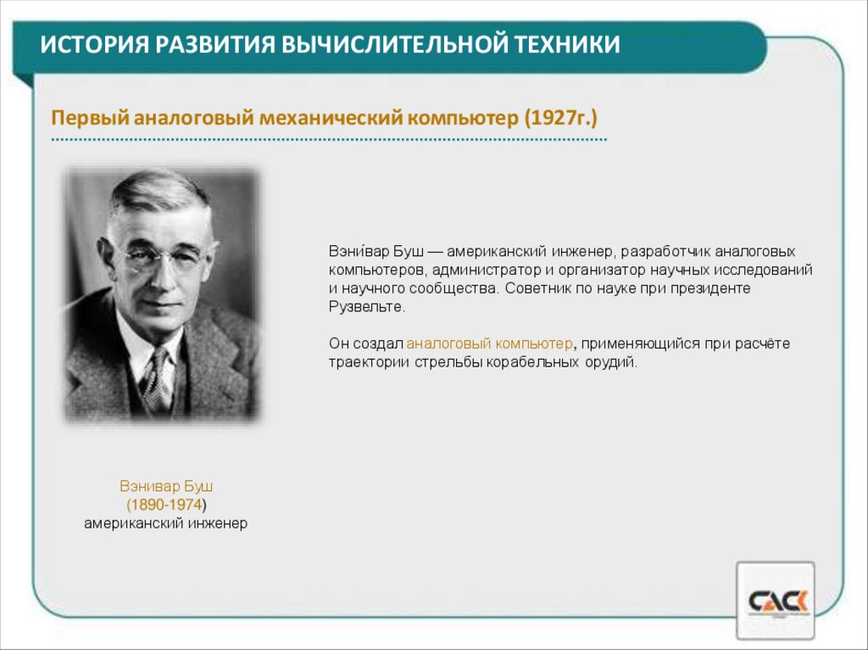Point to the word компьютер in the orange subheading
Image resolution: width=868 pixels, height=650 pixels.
tap(463, 116)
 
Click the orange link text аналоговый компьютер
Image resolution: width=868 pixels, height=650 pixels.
tap(490, 344)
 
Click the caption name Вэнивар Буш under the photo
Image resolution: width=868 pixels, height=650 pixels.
tap(165, 487)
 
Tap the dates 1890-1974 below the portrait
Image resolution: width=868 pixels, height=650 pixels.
tap(165, 505)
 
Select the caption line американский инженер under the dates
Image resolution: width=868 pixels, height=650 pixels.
tap(165, 524)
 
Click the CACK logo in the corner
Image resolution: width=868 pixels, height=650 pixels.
tap(776, 601)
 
